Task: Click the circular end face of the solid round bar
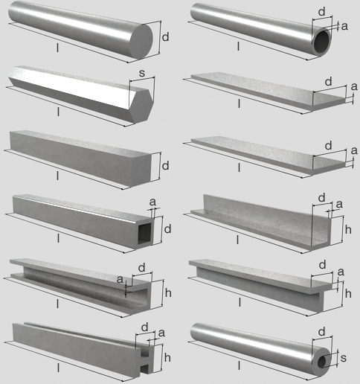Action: pyautogui.click(x=141, y=42)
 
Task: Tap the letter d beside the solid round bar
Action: pyautogui.click(x=165, y=37)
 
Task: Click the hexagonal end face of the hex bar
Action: pyautogui.click(x=141, y=106)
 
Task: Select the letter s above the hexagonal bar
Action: pyautogui.click(x=142, y=73)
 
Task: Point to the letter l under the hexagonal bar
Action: pyautogui.click(x=58, y=112)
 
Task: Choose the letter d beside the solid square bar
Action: pyautogui.click(x=165, y=165)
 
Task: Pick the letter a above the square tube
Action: pyautogui.click(x=152, y=202)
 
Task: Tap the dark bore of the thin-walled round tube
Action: pyautogui.click(x=322, y=42)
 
